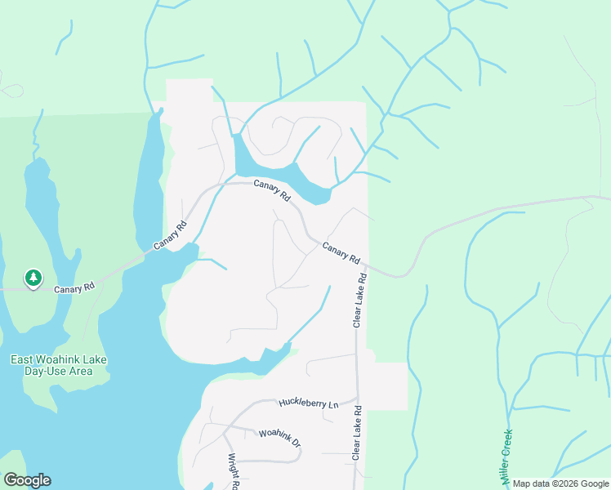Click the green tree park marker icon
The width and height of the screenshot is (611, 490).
[33, 279]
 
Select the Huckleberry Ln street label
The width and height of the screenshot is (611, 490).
[308, 403]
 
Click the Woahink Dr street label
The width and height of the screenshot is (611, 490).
[279, 438]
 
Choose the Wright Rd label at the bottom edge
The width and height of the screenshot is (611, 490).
[232, 471]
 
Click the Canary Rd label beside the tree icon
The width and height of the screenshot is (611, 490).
[75, 288]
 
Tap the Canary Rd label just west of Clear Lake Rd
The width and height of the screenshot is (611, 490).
[341, 253]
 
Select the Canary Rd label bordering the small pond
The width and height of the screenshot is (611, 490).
[272, 191]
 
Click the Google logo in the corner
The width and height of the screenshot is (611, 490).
[27, 480]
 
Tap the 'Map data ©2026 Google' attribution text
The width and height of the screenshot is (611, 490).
[560, 483]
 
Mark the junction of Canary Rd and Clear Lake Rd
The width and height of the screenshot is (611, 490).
[364, 265]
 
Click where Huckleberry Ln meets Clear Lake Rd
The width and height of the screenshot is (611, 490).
[357, 400]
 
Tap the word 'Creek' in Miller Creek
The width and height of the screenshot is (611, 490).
[507, 444]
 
